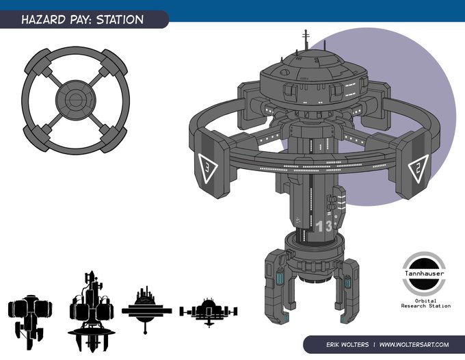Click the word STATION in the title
(120, 20)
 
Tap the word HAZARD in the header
(44, 20)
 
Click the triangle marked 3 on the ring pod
(208, 167)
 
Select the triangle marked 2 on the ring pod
(418, 168)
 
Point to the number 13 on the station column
(324, 227)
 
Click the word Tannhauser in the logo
(425, 273)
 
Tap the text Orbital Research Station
(426, 303)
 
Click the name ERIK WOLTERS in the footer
(347, 344)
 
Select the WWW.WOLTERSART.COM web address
(414, 344)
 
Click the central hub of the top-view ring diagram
(76, 100)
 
